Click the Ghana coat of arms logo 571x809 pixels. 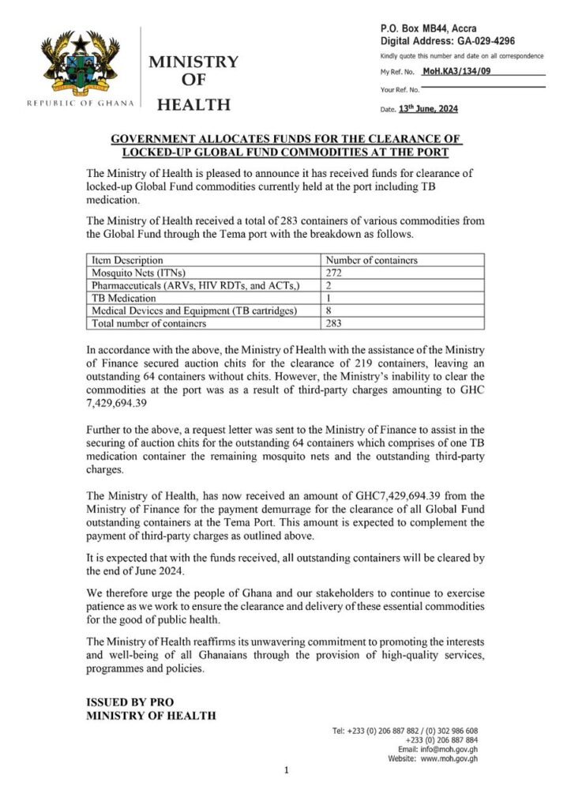[x=80, y=66]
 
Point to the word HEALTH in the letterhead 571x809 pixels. [x=194, y=105]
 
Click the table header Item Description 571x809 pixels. [x=128, y=260]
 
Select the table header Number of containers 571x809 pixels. [x=371, y=260]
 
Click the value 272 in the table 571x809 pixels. [x=335, y=273]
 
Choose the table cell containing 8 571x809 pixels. [x=329, y=311]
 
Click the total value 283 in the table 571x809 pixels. [x=335, y=324]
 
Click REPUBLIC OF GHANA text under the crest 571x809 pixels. [x=81, y=103]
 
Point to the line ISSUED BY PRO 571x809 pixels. [x=130, y=702]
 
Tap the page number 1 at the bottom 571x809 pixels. [x=285, y=770]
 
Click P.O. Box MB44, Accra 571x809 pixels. [x=428, y=28]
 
